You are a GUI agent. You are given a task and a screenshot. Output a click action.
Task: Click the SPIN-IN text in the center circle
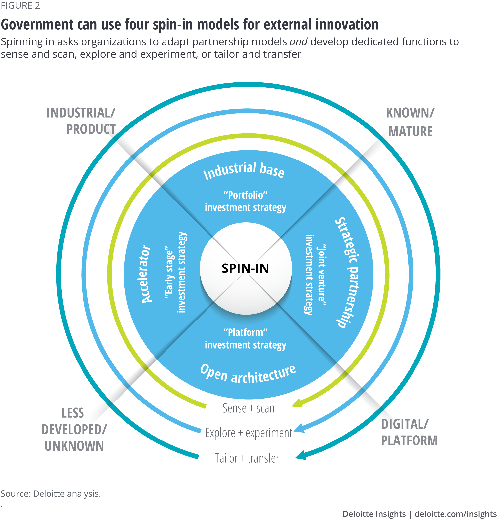pyautogui.click(x=245, y=268)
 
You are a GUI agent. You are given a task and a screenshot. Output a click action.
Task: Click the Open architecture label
pyautogui.click(x=248, y=374)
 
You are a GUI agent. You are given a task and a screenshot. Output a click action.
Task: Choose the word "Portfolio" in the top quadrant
pyautogui.click(x=245, y=195)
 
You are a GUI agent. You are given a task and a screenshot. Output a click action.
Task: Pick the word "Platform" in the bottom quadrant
pyautogui.click(x=245, y=332)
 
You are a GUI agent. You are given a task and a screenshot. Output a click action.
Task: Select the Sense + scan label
pyautogui.click(x=248, y=408)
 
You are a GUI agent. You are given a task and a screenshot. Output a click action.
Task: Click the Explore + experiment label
pyautogui.click(x=248, y=433)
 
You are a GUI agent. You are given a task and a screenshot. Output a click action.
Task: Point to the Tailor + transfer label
pyautogui.click(x=247, y=458)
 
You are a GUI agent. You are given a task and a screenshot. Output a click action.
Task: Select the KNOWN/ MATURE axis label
pyautogui.click(x=410, y=122)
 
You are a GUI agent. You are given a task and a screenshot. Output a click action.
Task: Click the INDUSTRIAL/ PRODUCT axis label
pyautogui.click(x=81, y=121)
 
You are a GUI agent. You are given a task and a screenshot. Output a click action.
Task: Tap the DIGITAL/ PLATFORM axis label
pyautogui.click(x=409, y=432)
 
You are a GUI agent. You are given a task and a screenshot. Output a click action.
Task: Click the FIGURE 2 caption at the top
pyautogui.click(x=20, y=5)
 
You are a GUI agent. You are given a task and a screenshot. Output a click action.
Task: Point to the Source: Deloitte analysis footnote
pyautogui.click(x=51, y=494)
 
